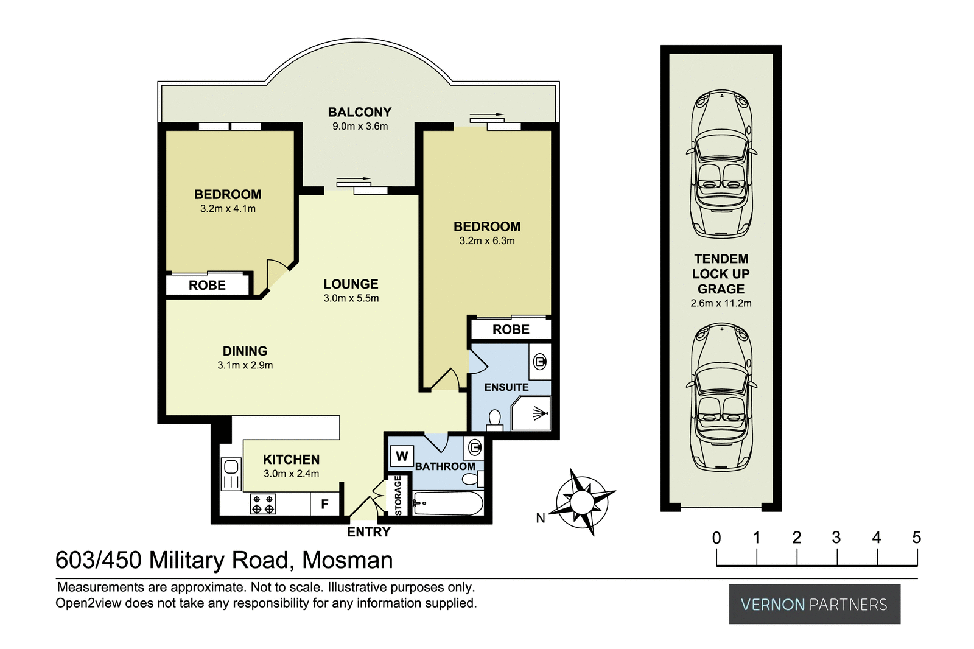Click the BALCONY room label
point(359,112)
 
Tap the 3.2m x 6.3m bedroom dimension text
point(487,240)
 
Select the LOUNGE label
point(351,284)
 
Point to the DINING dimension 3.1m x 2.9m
point(245,365)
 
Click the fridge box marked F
point(324,504)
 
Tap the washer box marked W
point(402,456)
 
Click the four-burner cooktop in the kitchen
point(263,504)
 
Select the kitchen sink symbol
point(231,474)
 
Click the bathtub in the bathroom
point(447,503)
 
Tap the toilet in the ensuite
point(494,419)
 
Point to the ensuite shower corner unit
point(532,413)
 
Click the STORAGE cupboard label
point(398,495)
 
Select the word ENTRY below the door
point(368,532)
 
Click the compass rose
point(582,502)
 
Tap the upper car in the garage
point(721,164)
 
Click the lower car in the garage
point(721,397)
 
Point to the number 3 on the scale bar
point(836,538)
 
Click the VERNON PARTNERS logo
point(814,604)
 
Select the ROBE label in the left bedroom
point(207,285)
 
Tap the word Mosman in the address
point(348,560)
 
